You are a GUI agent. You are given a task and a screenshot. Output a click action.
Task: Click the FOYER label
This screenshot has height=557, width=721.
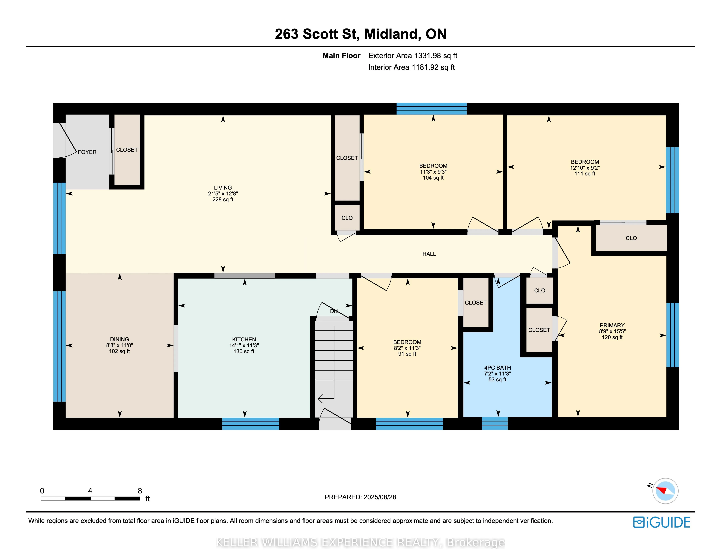[x=87, y=152]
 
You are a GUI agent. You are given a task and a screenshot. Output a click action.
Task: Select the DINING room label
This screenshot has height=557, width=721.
[x=119, y=339]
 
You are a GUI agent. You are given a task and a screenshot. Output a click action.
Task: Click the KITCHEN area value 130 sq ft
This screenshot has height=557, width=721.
[x=244, y=351]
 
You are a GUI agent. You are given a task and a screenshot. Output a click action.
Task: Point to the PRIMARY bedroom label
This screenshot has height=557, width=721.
[x=612, y=325]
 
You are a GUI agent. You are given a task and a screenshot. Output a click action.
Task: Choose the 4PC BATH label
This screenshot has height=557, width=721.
[x=497, y=368]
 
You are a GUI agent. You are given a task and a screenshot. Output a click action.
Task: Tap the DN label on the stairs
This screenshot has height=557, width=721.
[x=334, y=311]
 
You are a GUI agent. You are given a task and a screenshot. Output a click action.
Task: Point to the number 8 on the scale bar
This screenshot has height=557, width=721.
[x=140, y=491]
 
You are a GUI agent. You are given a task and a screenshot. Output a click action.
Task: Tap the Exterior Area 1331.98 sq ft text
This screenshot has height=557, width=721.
[x=413, y=56]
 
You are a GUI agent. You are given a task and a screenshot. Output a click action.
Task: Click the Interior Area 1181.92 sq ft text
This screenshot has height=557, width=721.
[x=411, y=67]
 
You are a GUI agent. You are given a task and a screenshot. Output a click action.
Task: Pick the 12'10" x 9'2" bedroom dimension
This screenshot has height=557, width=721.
[x=585, y=168]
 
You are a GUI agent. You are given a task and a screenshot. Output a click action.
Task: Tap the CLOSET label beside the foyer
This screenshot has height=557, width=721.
[x=127, y=150]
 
